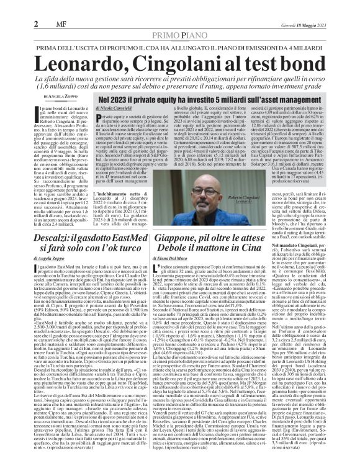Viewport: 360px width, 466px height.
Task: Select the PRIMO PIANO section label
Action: (x=179, y=19)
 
